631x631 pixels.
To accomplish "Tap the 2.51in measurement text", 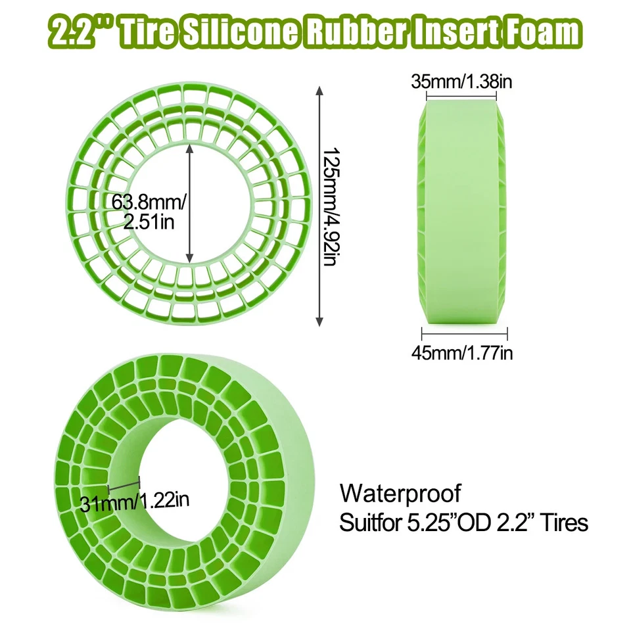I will click(149, 223).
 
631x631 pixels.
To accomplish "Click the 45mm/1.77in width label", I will click(462, 353).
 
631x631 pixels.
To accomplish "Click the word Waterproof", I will click(401, 492).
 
